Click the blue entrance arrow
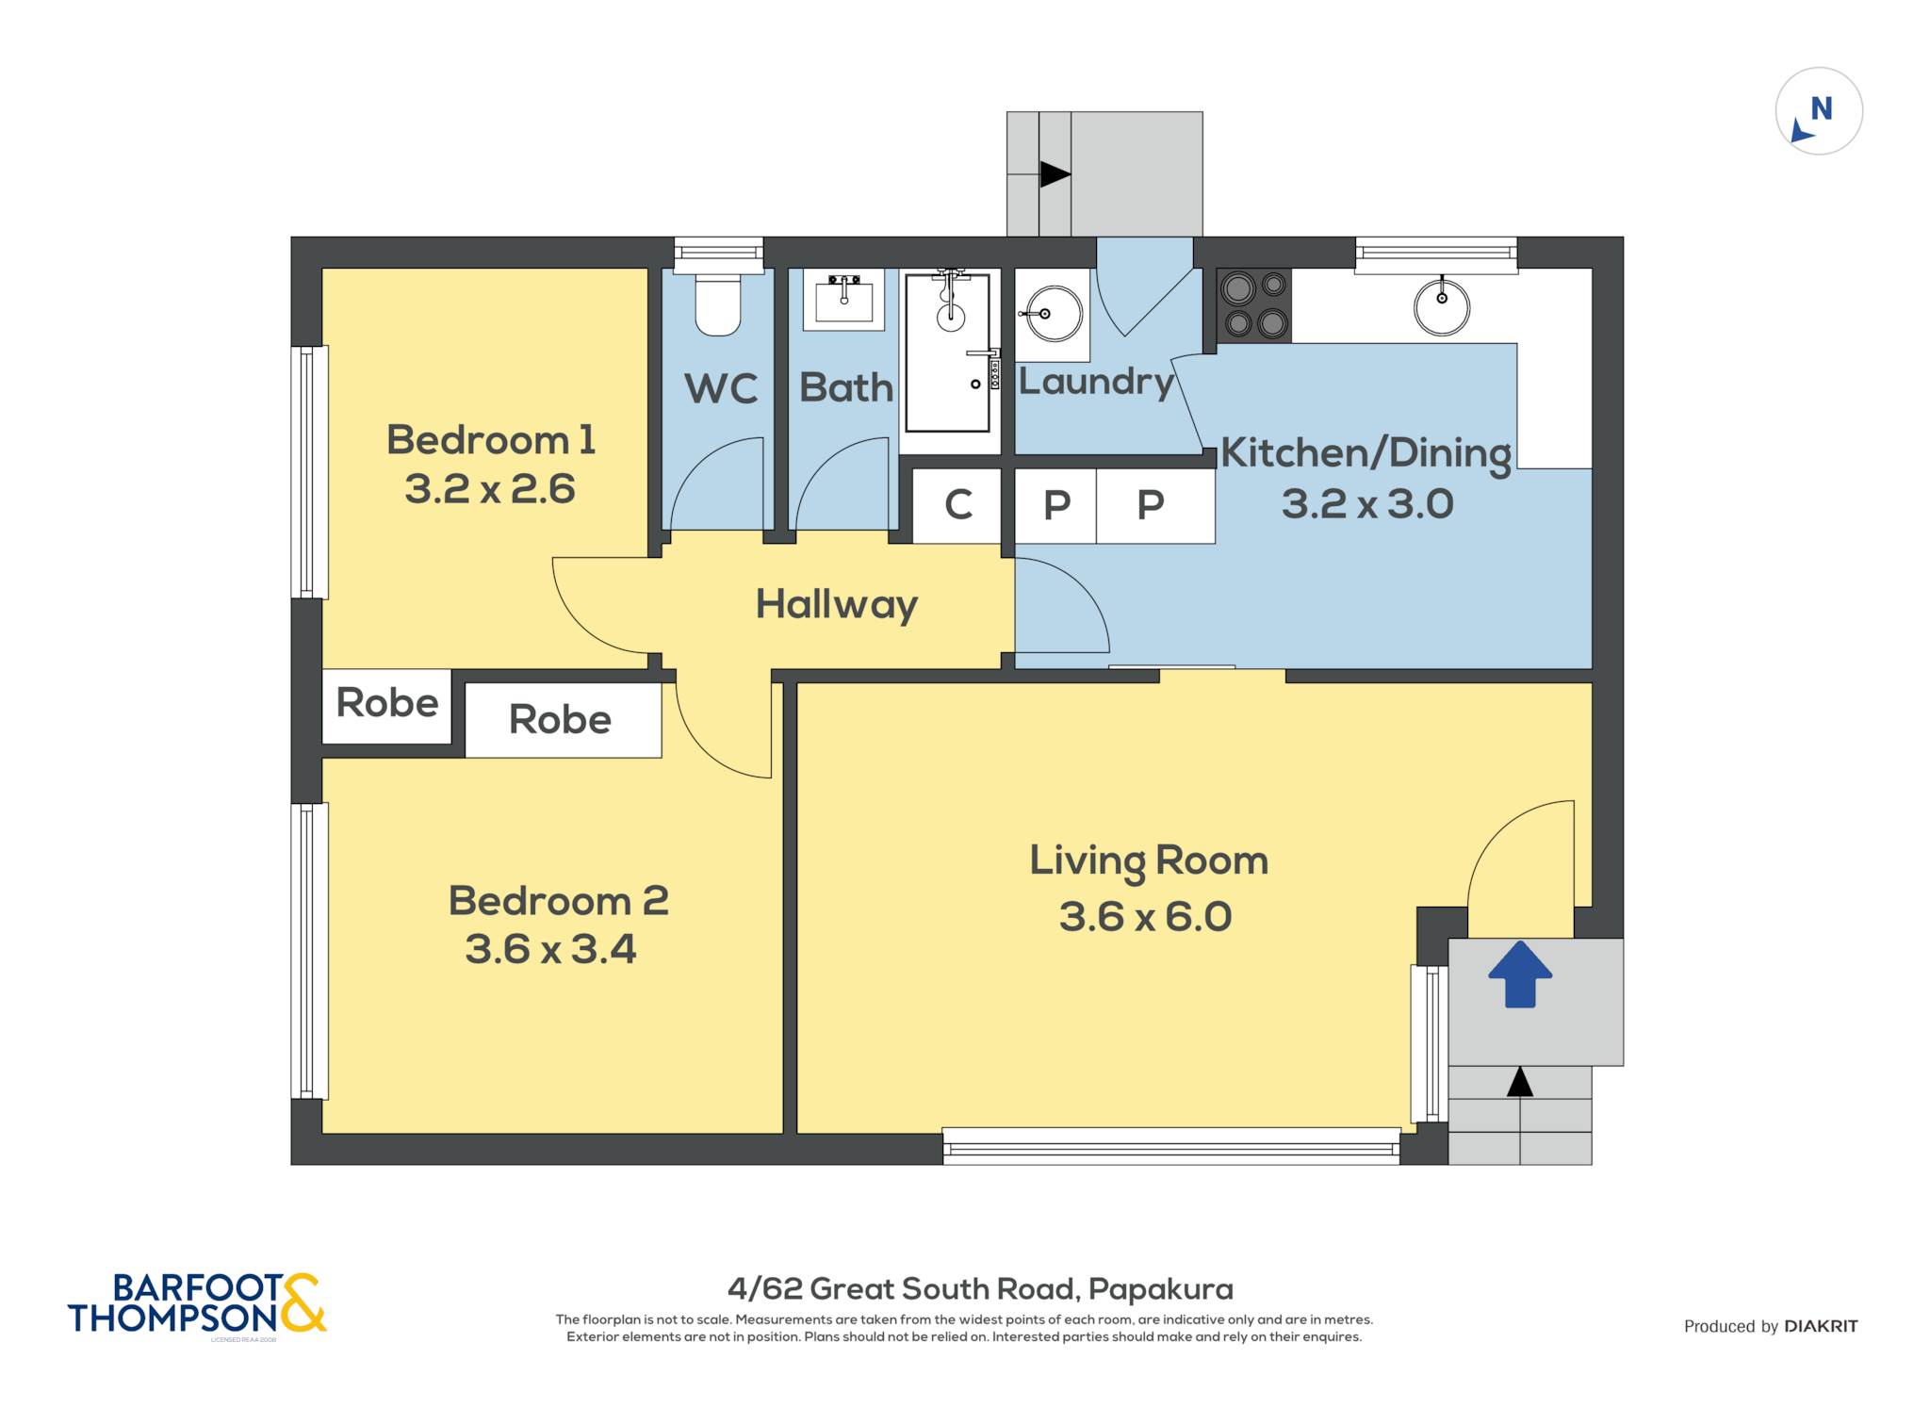pos(1520,974)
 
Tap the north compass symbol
pos(1819,111)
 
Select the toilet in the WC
pos(718,303)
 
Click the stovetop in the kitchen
pos(1254,304)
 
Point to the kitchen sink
pos(1442,305)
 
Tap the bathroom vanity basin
pos(843,300)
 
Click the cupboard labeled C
pos(957,506)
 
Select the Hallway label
pos(837,605)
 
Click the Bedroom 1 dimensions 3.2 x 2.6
pos(490,489)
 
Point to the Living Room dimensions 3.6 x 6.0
pos(1145,917)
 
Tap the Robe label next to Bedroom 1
pos(387,703)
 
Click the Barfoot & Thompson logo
pos(197,1303)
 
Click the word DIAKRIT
pos(1821,1326)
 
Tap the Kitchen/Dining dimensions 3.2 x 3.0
pos(1367,504)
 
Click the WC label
pos(721,388)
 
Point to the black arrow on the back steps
pos(1055,174)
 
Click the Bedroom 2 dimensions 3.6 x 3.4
pos(550,949)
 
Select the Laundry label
pos(1096,382)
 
